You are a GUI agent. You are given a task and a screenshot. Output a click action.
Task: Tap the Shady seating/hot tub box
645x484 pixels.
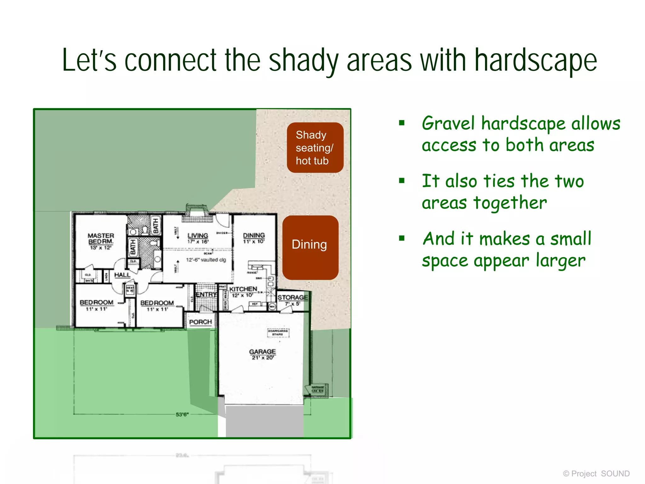click(315, 147)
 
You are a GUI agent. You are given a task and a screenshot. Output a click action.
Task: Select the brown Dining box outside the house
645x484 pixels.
click(310, 247)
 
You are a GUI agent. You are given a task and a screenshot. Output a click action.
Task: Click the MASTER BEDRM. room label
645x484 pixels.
click(101, 241)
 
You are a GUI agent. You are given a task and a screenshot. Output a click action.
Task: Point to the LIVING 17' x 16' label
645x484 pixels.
click(198, 238)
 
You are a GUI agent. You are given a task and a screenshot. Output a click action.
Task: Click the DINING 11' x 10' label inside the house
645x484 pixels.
click(254, 238)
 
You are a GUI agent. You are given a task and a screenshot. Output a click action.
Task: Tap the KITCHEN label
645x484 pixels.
click(243, 289)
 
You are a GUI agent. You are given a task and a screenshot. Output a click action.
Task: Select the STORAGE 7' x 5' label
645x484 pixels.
click(293, 300)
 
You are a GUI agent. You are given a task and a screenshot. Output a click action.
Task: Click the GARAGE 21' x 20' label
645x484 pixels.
click(262, 354)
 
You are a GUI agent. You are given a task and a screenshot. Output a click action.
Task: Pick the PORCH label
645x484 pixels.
click(200, 322)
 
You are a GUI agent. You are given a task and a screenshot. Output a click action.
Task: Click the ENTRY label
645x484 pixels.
click(206, 294)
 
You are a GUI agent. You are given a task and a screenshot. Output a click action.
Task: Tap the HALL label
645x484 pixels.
click(122, 275)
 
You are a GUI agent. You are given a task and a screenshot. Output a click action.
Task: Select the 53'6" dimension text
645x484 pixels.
click(182, 414)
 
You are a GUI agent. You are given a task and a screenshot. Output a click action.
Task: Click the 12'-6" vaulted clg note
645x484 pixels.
click(206, 260)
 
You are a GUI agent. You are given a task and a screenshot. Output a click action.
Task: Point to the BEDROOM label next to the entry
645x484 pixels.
click(157, 305)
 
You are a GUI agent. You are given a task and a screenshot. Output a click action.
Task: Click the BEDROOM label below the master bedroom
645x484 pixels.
click(96, 305)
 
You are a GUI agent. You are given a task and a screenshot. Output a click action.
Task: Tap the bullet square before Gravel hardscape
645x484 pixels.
click(402, 123)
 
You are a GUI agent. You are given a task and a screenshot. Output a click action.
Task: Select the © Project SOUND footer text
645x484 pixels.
click(596, 474)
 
